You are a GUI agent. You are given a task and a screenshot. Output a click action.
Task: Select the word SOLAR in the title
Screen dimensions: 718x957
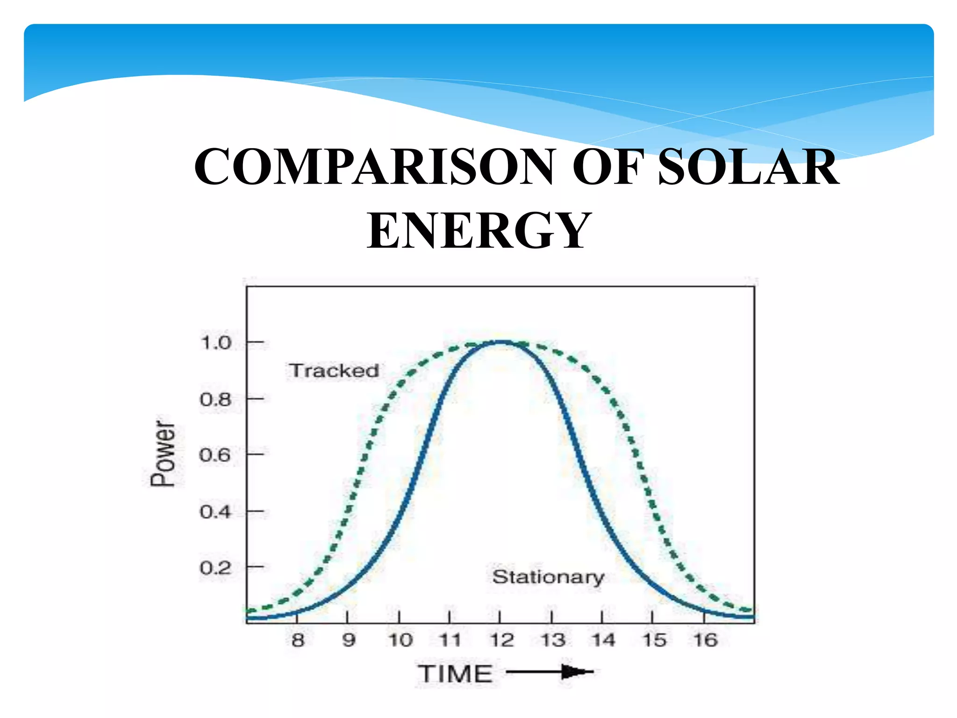[748, 167]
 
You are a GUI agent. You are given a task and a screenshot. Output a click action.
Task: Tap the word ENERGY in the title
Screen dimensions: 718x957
[478, 230]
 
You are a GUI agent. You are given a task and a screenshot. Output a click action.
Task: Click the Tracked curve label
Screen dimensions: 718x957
[334, 371]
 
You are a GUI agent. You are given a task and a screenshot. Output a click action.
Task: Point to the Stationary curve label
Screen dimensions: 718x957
[548, 577]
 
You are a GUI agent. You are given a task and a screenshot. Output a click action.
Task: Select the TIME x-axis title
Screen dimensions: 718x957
[455, 674]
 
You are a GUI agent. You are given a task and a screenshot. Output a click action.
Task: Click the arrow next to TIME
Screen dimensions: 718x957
[550, 672]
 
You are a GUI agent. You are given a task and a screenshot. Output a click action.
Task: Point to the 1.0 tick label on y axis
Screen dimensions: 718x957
[216, 343]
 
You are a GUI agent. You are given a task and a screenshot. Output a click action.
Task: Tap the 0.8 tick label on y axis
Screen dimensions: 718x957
[216, 400]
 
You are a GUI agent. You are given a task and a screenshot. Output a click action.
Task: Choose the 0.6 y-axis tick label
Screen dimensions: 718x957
[215, 455]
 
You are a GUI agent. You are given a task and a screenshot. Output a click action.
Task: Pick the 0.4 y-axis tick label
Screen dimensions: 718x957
[215, 512]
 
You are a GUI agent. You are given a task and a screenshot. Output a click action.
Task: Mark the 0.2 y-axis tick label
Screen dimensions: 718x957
[215, 568]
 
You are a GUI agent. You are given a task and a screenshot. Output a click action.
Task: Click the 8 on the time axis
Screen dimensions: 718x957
[298, 640]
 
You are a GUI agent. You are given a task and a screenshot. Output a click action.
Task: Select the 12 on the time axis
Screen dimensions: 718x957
[501, 640]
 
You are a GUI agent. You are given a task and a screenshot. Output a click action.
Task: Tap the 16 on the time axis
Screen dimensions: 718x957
[705, 640]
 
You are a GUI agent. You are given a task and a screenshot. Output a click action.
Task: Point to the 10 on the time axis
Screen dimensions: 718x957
[400, 640]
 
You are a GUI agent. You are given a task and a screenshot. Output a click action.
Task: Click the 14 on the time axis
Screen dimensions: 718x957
[603, 640]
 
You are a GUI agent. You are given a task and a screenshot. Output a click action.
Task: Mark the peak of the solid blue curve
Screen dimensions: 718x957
[500, 342]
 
